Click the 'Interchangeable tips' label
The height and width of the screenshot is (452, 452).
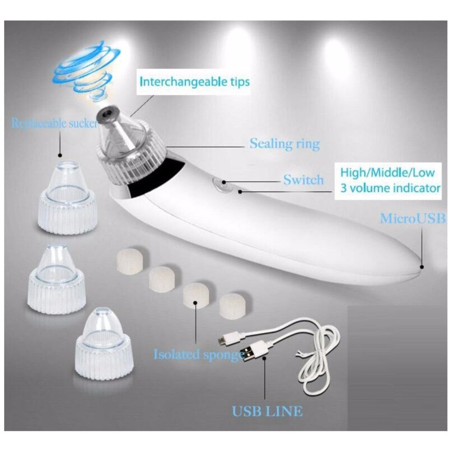coord(194,81)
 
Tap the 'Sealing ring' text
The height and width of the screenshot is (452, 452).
coord(284,144)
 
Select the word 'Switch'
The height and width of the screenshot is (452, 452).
coord(303,179)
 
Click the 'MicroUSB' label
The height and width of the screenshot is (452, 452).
coord(413,218)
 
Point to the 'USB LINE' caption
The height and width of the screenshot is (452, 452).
coord(268,411)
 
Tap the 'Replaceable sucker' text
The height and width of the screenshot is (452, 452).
coord(55,123)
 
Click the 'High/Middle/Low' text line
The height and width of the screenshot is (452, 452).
coord(387,172)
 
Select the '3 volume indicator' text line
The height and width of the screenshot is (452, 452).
coord(391,188)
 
